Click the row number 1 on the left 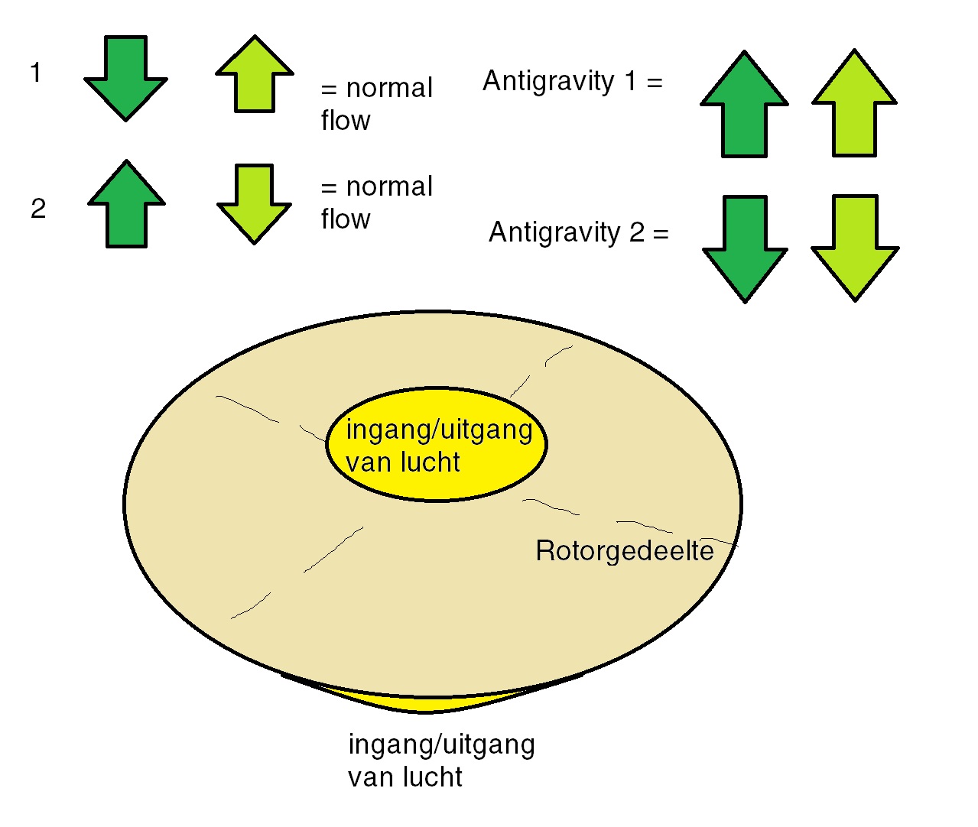35,73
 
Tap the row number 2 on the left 38,209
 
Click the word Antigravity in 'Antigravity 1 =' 548,81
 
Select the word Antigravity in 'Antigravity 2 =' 554,232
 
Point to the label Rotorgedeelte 625,551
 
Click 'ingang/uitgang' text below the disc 441,744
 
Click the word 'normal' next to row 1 389,89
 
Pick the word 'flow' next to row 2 346,220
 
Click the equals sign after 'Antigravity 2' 661,234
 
